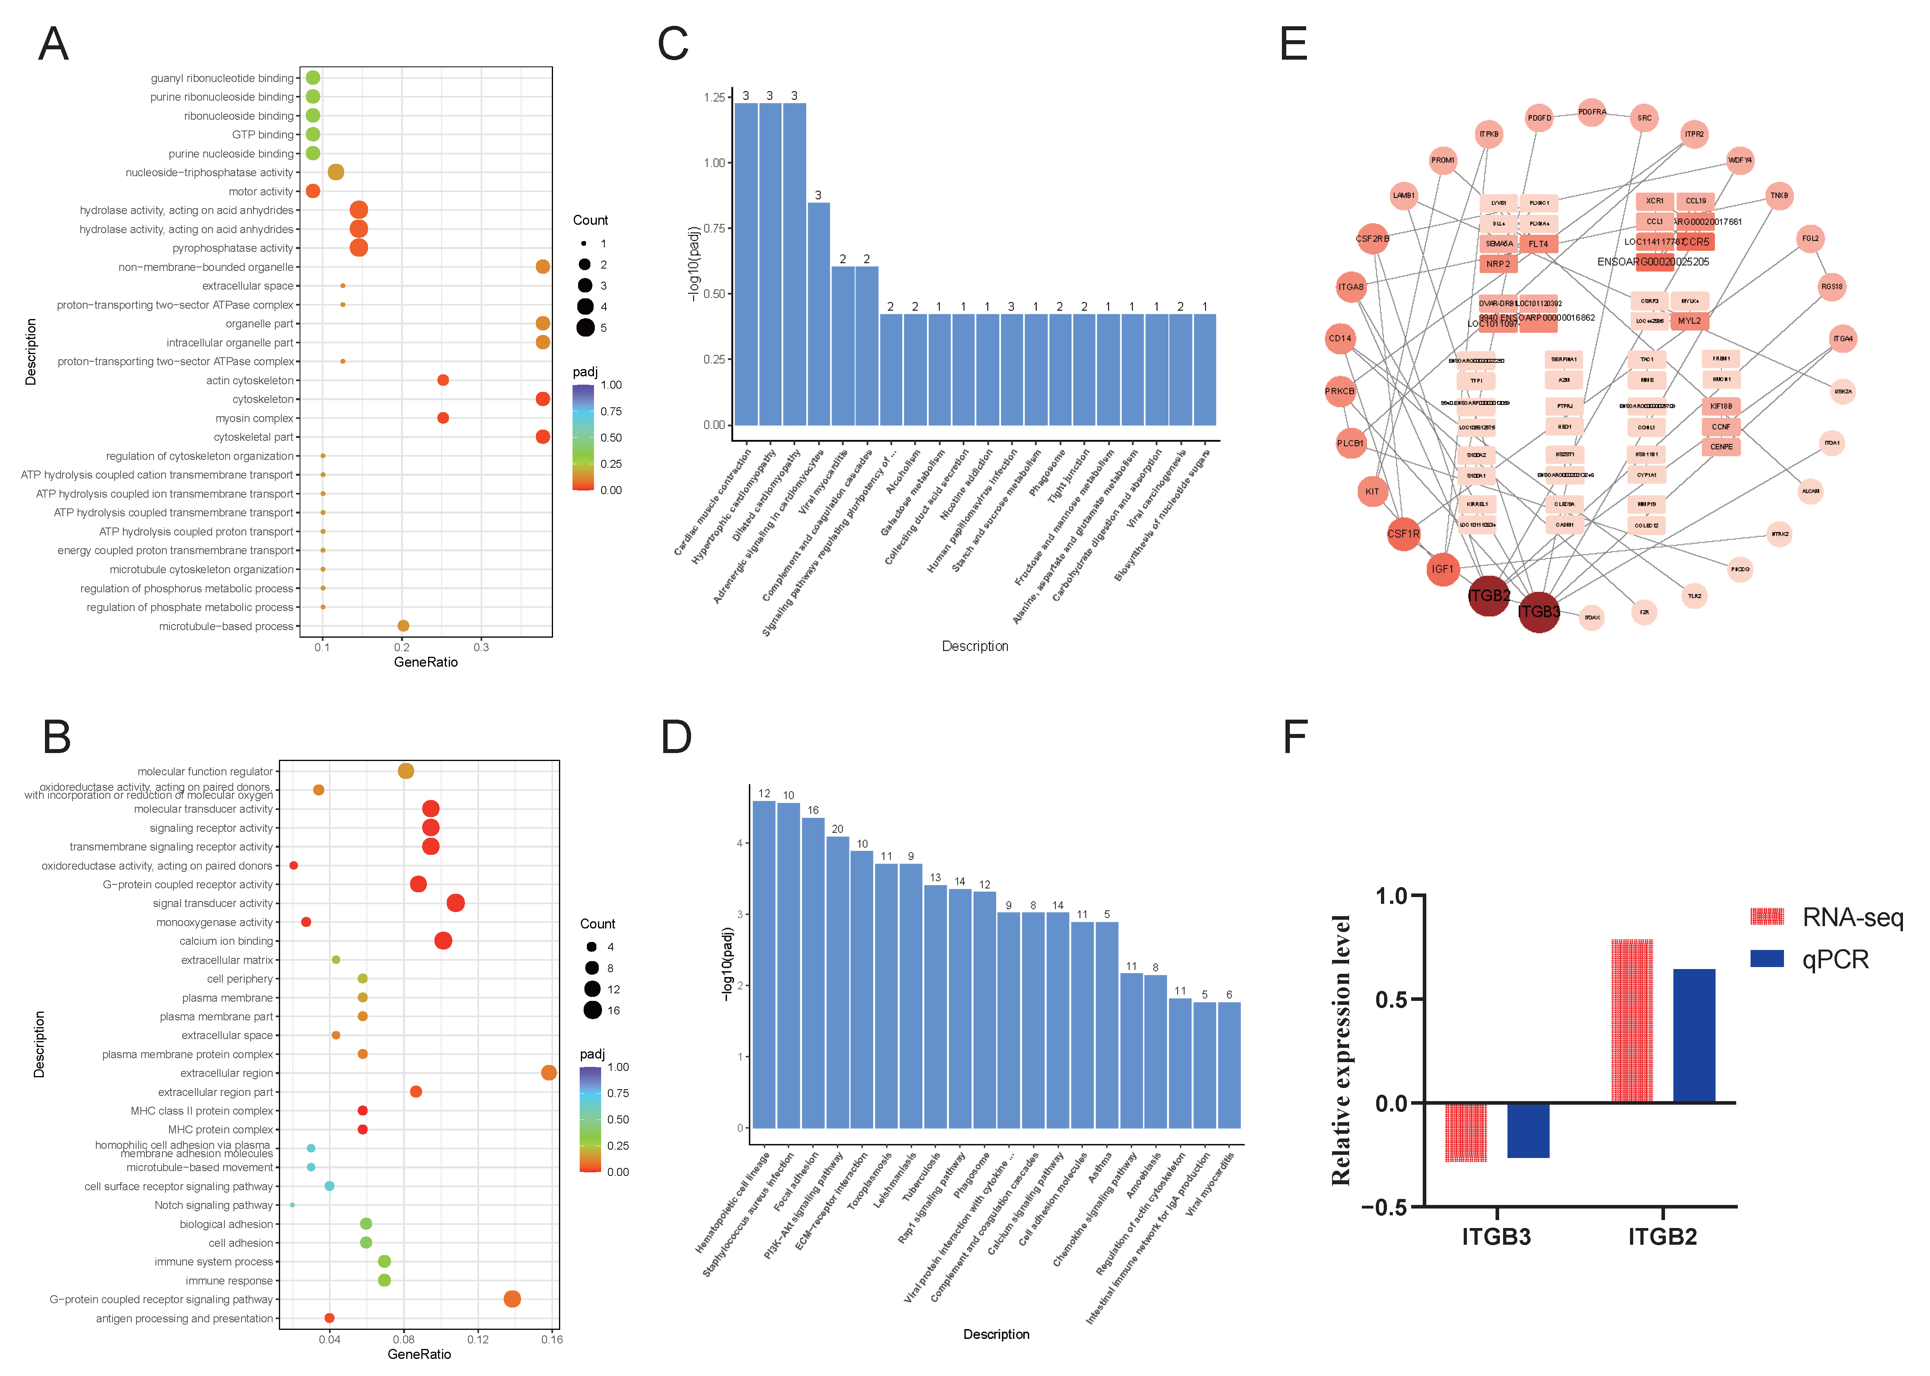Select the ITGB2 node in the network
(x=1489, y=596)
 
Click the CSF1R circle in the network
(x=1403, y=534)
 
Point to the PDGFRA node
(x=1592, y=112)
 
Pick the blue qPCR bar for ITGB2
(x=1694, y=1035)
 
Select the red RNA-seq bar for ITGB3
(x=1466, y=1131)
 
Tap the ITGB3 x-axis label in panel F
(x=1496, y=1237)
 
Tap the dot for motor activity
(x=313, y=191)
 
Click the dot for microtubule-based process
(x=403, y=626)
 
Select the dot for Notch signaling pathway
(x=292, y=1205)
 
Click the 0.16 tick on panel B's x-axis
(x=551, y=1339)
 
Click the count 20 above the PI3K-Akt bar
(x=837, y=829)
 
